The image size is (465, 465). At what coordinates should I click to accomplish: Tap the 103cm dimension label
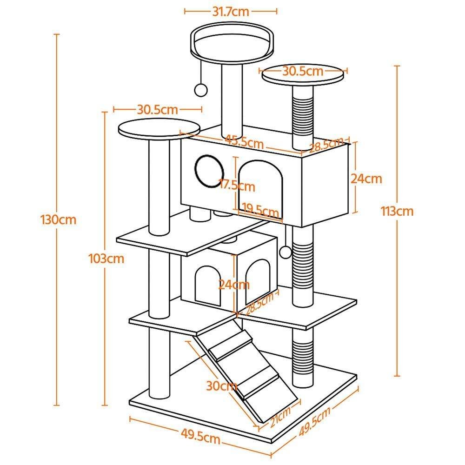[106, 259]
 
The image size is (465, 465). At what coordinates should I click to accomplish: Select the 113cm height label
[397, 211]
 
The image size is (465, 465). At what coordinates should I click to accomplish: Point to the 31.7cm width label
[231, 11]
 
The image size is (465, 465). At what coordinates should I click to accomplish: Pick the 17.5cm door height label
[237, 186]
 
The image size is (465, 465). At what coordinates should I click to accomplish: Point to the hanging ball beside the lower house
[286, 252]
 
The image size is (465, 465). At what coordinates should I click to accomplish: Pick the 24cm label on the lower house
[235, 284]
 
